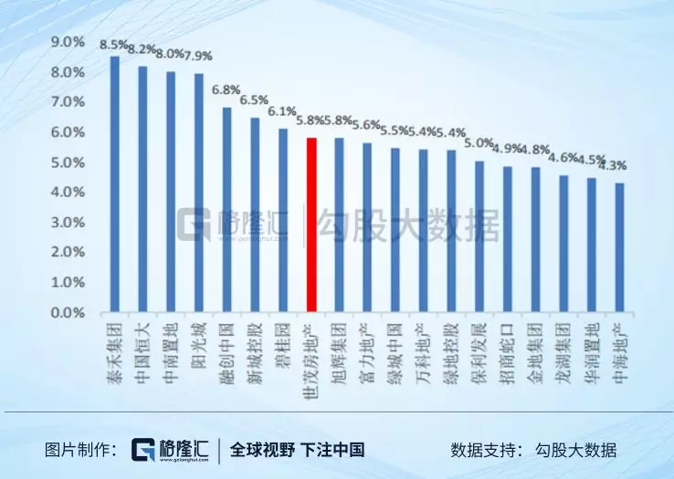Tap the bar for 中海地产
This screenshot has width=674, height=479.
[x=619, y=247]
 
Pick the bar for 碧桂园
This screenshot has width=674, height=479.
[x=283, y=220]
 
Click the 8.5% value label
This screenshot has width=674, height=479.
[x=115, y=44]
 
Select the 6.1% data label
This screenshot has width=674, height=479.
[x=282, y=112]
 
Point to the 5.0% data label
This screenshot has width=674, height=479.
[x=479, y=143]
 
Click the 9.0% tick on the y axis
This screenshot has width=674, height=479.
[x=67, y=42]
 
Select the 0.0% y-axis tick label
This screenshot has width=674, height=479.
[x=67, y=313]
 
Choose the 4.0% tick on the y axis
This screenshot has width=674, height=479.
[x=67, y=193]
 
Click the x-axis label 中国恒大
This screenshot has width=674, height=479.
[x=142, y=342]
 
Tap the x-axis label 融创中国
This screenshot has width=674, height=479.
[x=226, y=342]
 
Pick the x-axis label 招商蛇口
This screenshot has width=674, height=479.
[x=506, y=342]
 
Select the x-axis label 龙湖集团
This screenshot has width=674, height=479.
[x=563, y=342]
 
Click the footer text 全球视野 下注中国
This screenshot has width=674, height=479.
[x=297, y=450]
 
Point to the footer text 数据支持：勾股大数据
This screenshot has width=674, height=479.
[x=532, y=450]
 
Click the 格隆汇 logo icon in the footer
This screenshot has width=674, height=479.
[x=145, y=450]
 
